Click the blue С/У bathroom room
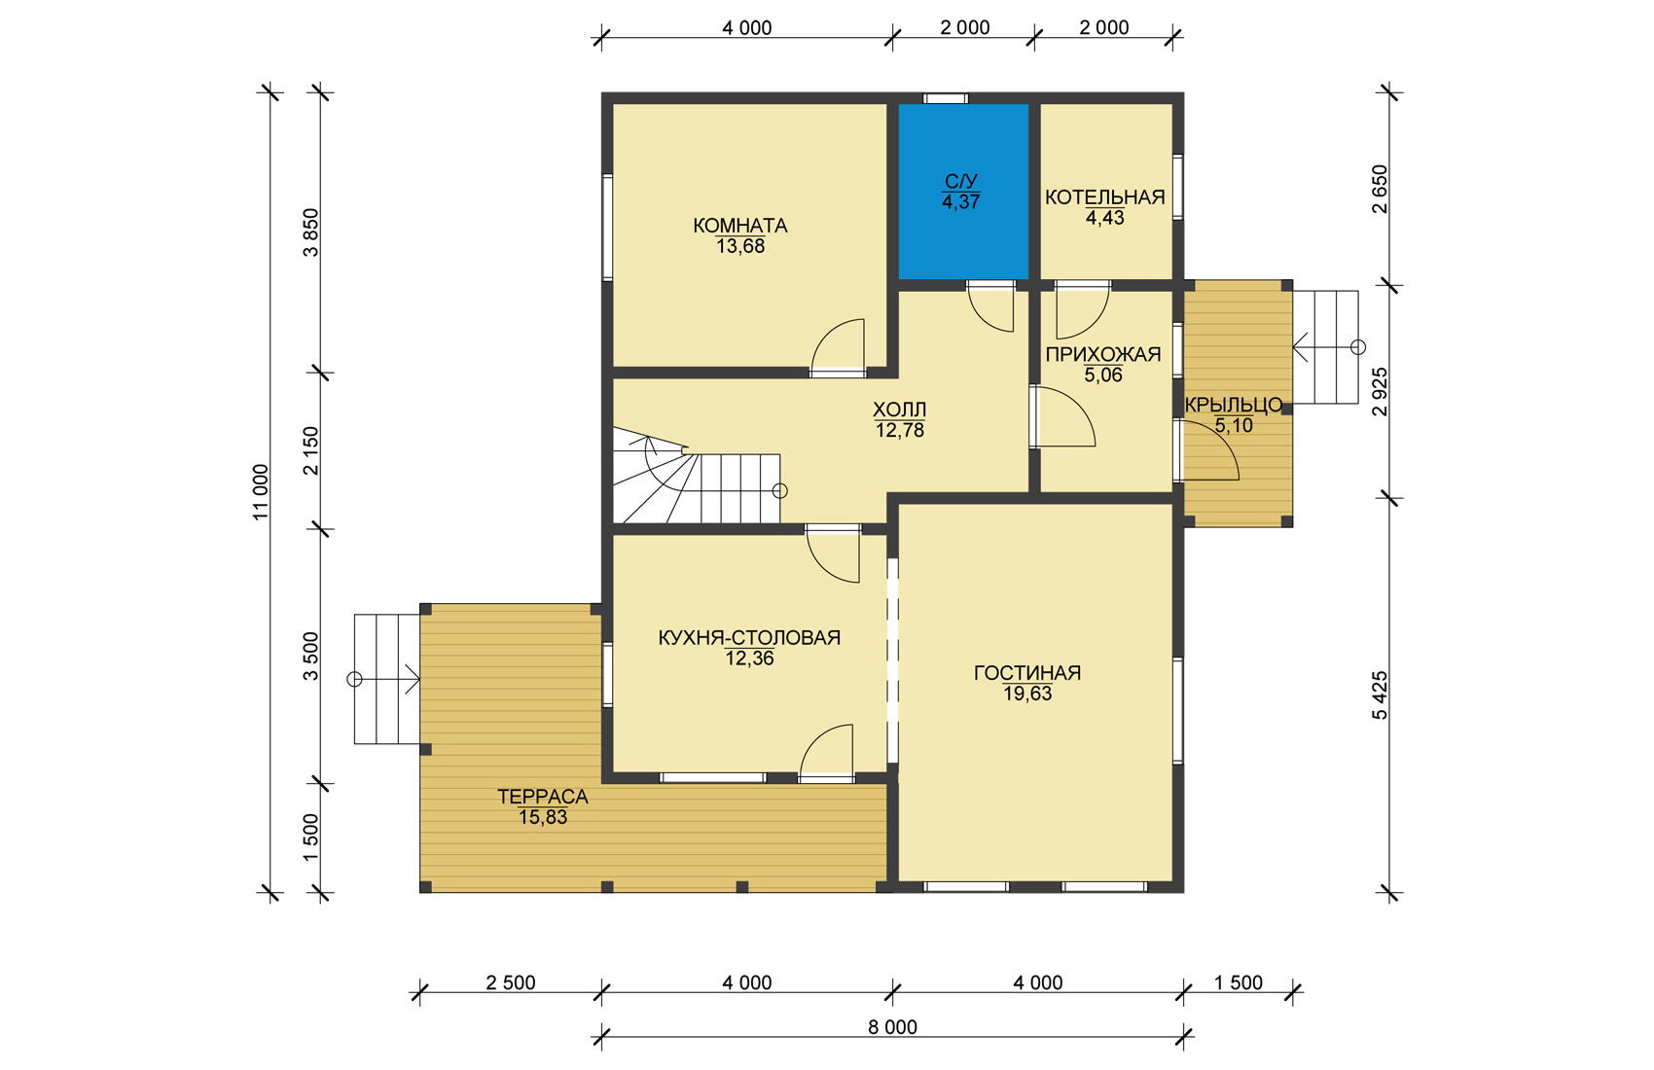963,192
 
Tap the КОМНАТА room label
739,226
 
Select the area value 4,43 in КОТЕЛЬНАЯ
1104,218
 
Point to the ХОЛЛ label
899,410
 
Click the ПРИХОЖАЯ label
1103,354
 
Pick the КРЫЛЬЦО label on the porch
1233,405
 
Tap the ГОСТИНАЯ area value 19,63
1027,694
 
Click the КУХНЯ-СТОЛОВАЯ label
749,637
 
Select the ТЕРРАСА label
543,797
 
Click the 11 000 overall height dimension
262,492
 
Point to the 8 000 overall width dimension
892,1027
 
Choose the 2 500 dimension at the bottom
510,982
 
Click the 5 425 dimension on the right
1380,695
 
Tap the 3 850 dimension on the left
311,232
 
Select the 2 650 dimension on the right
1380,189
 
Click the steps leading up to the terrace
387,679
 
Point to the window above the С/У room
945,98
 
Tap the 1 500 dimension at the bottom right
1239,982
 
